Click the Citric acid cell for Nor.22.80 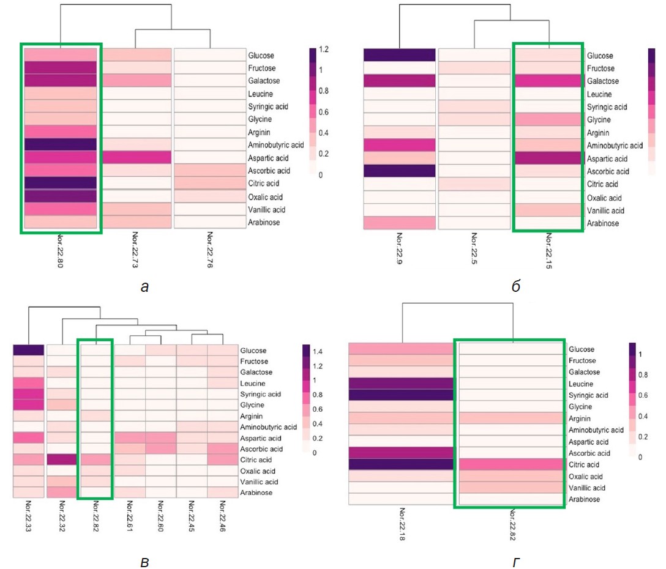tap(61, 183)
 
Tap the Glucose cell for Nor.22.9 tap(398, 55)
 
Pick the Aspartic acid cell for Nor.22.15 tap(547, 158)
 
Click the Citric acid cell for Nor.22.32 tap(61, 459)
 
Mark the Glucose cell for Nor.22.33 tap(28, 350)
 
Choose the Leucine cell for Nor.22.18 tap(402, 384)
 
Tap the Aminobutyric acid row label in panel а tap(276, 145)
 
